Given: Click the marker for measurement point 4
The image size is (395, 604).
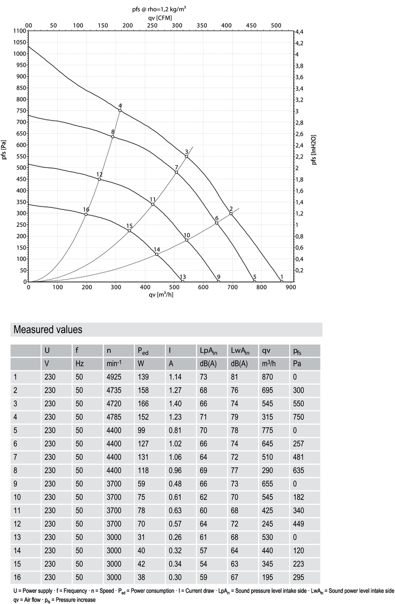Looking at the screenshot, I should point(120,110).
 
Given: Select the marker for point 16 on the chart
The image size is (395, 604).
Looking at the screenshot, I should point(86,214).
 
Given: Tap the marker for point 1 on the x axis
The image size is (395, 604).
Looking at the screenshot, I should point(281,282).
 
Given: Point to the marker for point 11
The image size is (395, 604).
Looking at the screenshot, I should point(153,204).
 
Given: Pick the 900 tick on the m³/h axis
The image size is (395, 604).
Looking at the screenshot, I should point(290,287).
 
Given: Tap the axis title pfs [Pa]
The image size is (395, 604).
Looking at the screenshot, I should point(4,151).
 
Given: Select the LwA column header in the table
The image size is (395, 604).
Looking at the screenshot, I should point(239,351).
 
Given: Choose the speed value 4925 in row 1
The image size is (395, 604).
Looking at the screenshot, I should point(114,378).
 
